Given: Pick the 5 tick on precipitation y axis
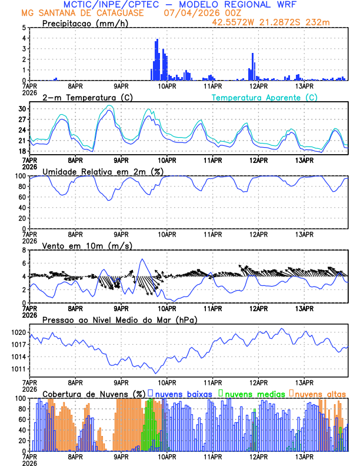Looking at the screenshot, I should pyautogui.click(x=24, y=28).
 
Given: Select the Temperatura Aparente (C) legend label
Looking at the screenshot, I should pyautogui.click(x=265, y=97).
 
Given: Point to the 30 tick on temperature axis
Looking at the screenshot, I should pyautogui.click(x=22, y=109).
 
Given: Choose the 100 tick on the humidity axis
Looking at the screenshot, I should pyautogui.click(x=21, y=176).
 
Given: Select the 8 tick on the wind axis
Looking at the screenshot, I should pyautogui.click(x=24, y=250).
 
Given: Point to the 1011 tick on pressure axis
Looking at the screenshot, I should pyautogui.click(x=19, y=369).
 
